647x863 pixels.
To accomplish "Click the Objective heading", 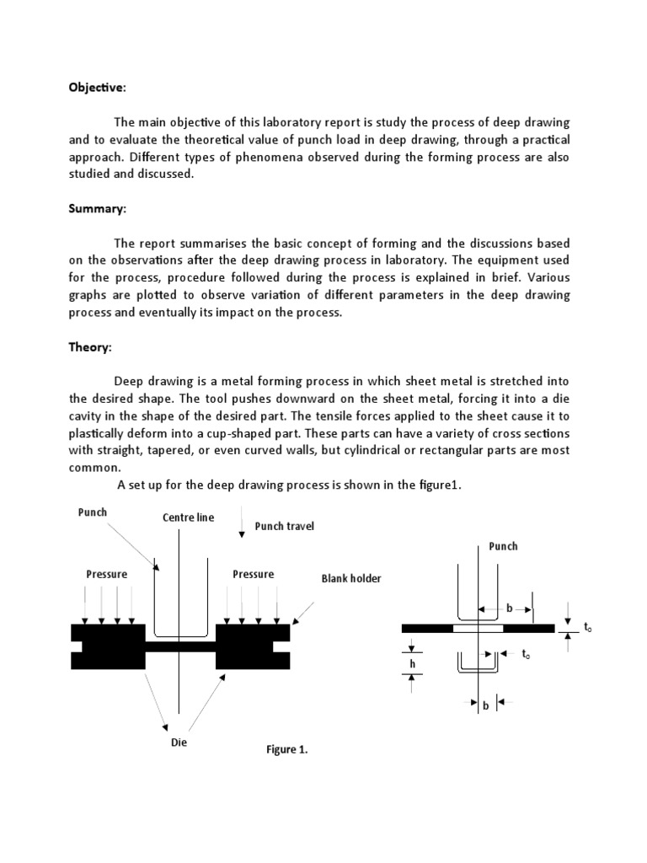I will [x=97, y=88].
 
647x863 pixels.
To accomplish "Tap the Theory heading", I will [x=89, y=347].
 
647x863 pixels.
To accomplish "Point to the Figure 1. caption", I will [x=288, y=750].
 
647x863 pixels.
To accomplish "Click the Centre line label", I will [x=189, y=517].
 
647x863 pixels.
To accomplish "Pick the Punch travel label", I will [x=278, y=527].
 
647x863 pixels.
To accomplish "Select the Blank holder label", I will [x=351, y=579].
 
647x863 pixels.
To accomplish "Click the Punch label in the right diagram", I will [x=504, y=546].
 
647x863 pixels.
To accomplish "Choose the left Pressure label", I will [x=107, y=574].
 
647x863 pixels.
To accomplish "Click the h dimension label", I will [x=412, y=664].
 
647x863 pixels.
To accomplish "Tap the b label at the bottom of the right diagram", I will [x=486, y=706].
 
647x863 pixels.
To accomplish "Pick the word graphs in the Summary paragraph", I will [x=88, y=295].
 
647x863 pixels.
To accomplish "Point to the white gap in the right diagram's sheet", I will [x=478, y=628].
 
